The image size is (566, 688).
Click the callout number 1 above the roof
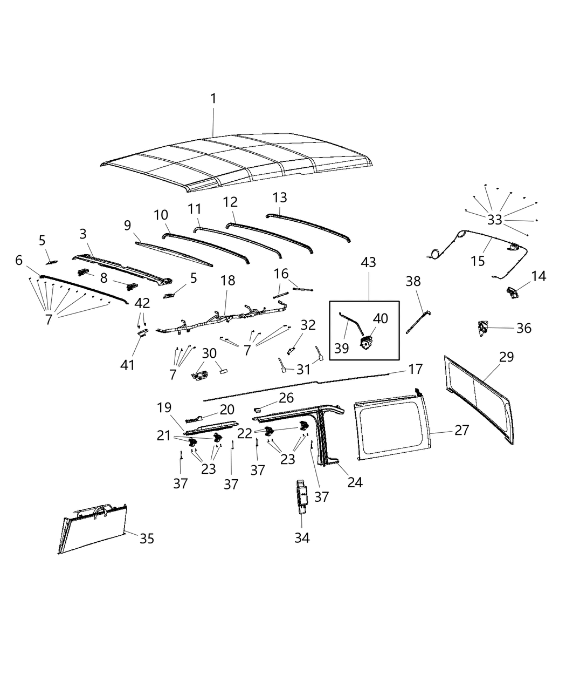[213, 99]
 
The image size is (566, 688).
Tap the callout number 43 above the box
[369, 263]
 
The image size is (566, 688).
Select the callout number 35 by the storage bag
[147, 539]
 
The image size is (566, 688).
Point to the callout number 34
[302, 537]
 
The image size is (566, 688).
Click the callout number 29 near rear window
[506, 357]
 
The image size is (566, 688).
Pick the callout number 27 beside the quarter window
[461, 430]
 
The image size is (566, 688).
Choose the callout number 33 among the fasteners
[495, 220]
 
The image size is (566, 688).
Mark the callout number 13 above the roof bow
[280, 197]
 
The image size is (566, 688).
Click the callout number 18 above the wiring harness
[227, 281]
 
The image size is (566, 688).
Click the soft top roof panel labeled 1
[237, 162]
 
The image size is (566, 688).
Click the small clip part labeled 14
[512, 293]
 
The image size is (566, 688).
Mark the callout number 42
[142, 303]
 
